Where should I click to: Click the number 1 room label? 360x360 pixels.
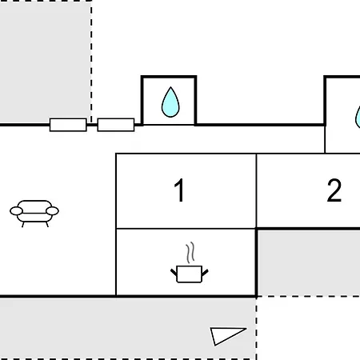(180, 190)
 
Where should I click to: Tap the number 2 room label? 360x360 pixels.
(334, 190)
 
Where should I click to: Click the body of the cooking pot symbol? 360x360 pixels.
(190, 274)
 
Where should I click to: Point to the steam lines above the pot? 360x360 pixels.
(190, 252)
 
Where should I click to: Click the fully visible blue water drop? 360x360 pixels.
(170, 102)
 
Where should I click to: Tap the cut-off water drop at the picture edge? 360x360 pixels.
(358, 118)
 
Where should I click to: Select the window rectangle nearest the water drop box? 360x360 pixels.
(116, 125)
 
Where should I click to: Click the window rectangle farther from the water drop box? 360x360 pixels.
(68, 125)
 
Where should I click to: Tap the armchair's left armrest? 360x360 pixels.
(17, 211)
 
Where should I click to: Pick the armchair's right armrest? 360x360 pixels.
(52, 211)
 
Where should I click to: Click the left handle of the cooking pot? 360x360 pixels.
(174, 273)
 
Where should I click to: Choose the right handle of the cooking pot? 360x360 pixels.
(205, 273)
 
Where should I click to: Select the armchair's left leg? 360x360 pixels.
(23, 225)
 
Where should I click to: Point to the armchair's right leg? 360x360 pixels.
(47, 225)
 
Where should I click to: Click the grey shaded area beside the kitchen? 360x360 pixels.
(309, 262)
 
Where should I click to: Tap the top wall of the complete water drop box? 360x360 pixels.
(169, 77)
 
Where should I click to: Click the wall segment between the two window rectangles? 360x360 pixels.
(92, 125)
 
